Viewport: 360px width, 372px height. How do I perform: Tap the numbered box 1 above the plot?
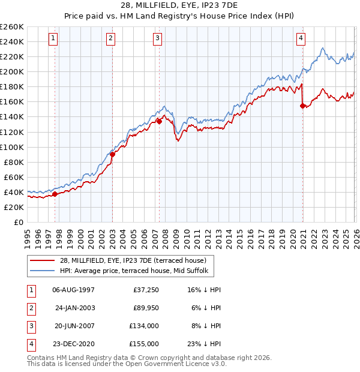54,38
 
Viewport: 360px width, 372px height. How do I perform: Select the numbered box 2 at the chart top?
112,38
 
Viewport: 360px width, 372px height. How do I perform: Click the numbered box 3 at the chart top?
158,38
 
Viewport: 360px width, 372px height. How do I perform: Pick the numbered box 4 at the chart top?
301,38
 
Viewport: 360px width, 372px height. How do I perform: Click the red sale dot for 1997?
55,194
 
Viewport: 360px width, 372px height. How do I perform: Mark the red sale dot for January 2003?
112,154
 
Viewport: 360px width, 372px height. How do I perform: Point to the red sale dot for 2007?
159,121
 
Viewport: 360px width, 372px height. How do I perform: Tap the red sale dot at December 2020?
302,106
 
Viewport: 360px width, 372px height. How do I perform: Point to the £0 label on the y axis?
19,222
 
